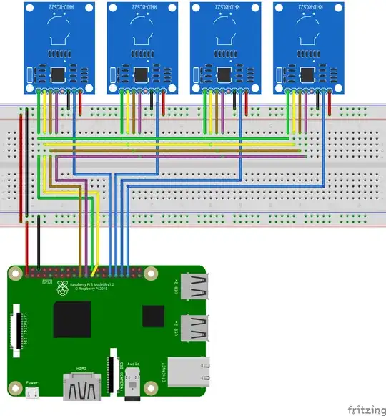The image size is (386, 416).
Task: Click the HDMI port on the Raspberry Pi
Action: (x=81, y=390)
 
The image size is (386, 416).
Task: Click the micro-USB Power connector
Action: (x=33, y=393)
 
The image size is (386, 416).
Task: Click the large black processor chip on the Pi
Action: (x=71, y=319)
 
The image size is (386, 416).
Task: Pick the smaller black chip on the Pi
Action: (x=152, y=316)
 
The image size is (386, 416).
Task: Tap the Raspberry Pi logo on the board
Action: (x=63, y=288)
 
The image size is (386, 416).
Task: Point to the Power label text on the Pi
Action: (x=32, y=383)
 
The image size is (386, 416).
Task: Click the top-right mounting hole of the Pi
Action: (x=150, y=274)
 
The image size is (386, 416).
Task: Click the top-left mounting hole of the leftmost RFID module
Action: (x=30, y=8)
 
